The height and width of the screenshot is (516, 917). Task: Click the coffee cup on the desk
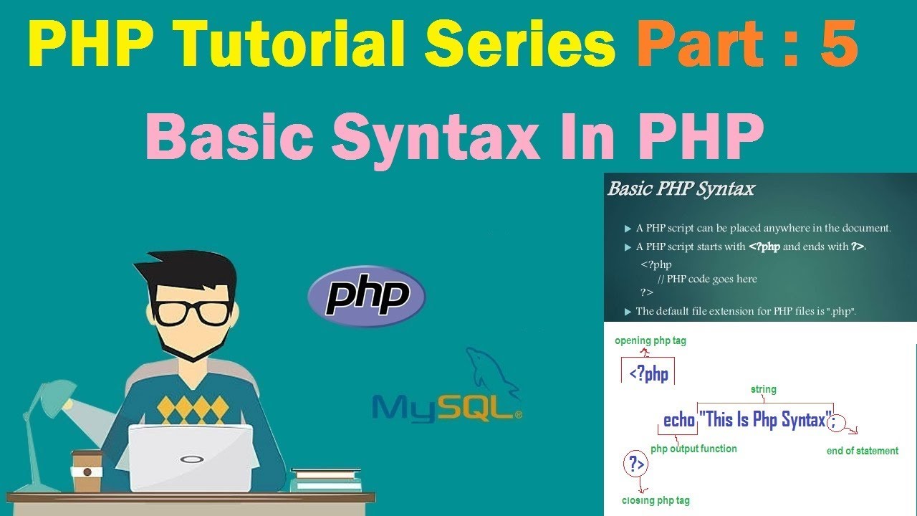coord(87,472)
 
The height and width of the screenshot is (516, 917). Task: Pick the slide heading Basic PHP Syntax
coord(681,189)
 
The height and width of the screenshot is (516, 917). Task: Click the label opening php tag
coord(650,341)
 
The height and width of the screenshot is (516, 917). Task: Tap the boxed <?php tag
coord(648,373)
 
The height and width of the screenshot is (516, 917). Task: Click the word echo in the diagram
coord(679,420)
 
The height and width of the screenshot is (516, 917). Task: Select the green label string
coord(763,389)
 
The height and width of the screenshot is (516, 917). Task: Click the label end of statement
coord(862,451)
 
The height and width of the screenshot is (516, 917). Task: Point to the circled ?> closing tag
coord(635,464)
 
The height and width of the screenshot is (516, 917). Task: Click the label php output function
coord(693,449)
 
